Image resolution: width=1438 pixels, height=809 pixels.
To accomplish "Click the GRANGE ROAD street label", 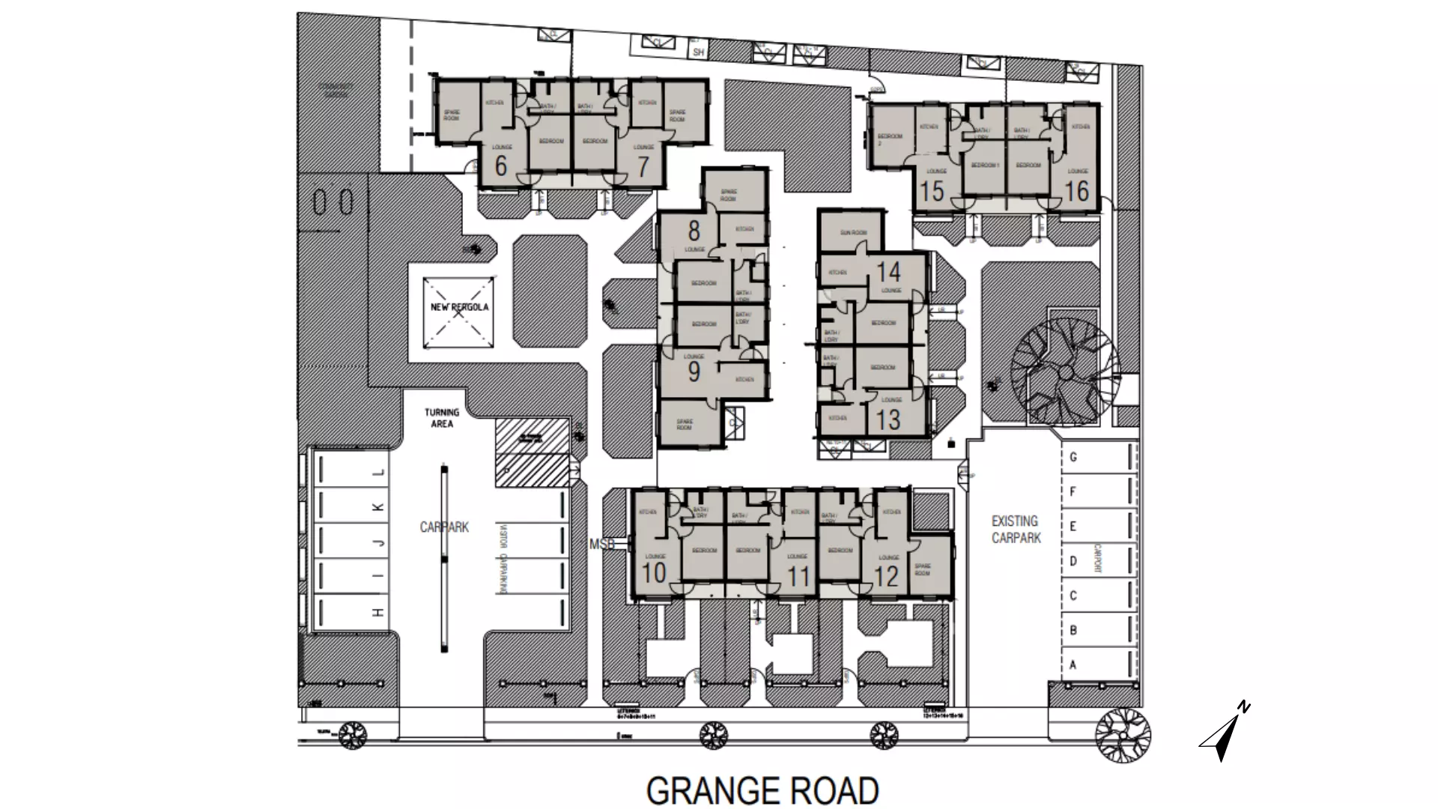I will [762, 791].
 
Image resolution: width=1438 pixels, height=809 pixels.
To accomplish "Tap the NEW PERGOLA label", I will [459, 307].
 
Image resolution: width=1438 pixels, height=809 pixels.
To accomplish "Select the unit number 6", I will [501, 165].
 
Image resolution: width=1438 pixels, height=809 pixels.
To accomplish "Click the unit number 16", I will [1076, 191].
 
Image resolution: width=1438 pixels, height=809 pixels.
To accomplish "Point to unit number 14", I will [888, 271].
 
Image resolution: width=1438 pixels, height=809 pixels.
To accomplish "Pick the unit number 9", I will [694, 371].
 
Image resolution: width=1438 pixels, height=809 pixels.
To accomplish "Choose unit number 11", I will [799, 577].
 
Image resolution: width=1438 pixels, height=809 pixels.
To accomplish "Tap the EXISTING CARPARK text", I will [1016, 529].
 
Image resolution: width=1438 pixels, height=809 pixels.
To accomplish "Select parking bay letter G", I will [1073, 457].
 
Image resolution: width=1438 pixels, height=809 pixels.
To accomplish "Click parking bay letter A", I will [1073, 665].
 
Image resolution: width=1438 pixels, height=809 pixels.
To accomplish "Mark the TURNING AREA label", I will [442, 418].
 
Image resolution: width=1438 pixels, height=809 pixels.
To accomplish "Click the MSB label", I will [601, 545].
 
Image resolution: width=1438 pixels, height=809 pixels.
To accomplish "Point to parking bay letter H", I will [378, 613].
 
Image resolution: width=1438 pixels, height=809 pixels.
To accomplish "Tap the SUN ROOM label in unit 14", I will [853, 233].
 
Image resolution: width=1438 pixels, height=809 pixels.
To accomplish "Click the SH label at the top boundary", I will [698, 52].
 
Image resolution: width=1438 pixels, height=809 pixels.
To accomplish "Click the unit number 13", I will [888, 419].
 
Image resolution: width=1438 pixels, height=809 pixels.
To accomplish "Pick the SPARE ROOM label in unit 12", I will [923, 570].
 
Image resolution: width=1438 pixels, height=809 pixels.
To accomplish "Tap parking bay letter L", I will [378, 473].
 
